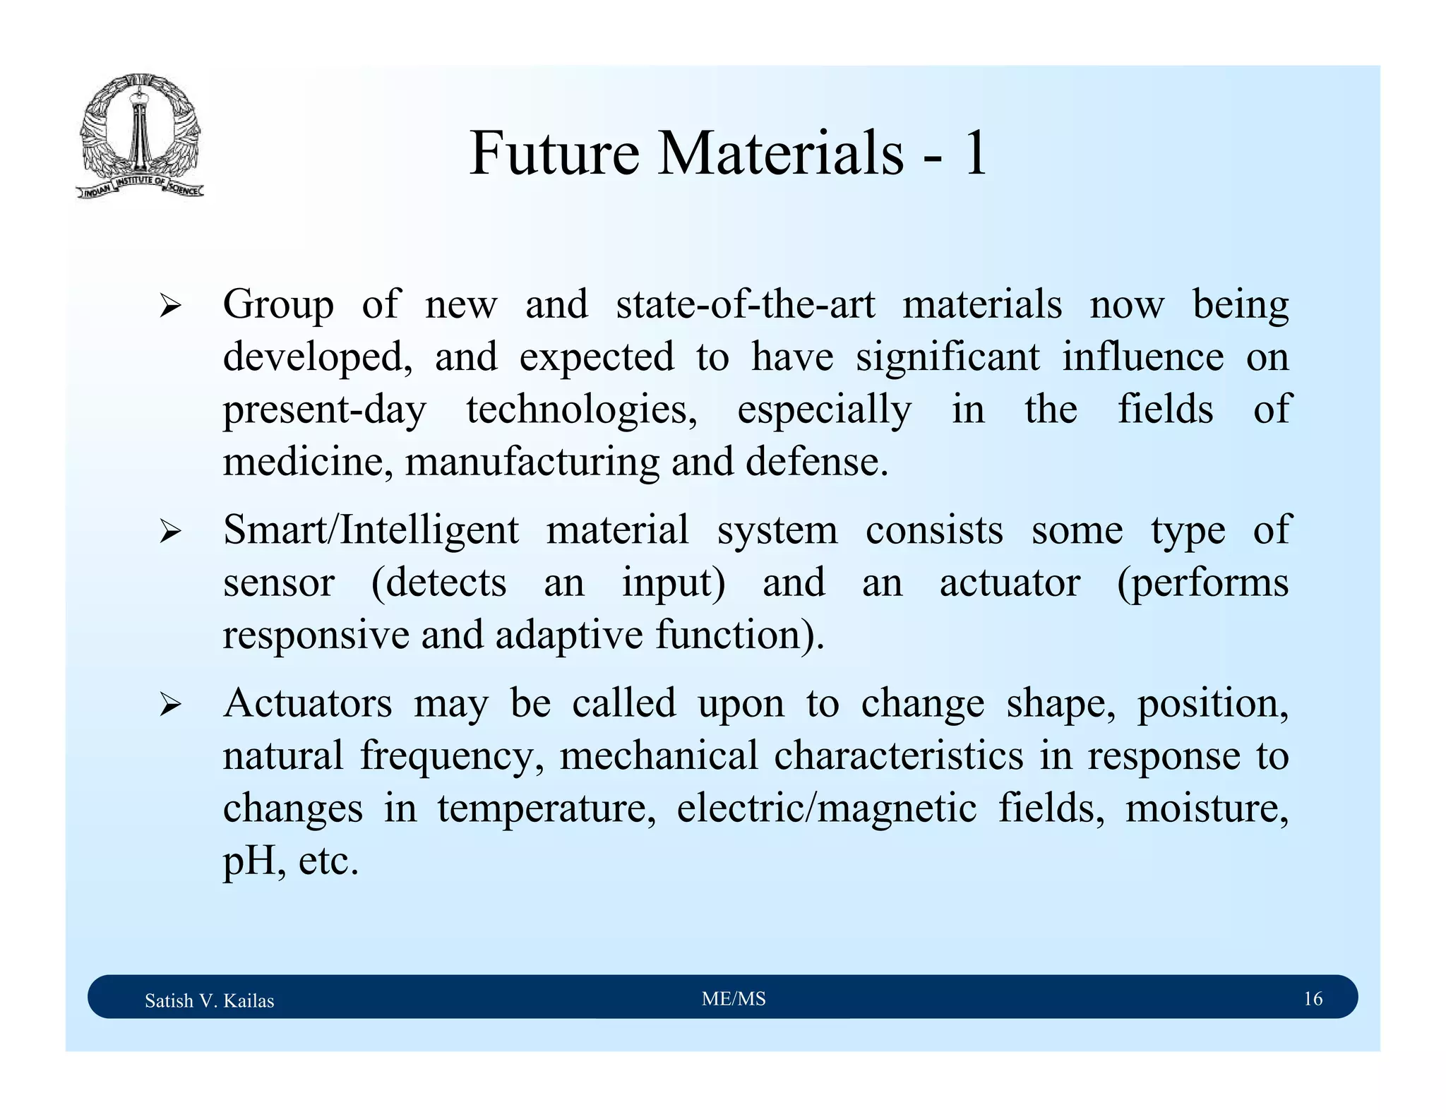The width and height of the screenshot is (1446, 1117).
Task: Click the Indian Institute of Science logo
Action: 140,136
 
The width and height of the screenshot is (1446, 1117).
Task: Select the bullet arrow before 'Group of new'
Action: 170,306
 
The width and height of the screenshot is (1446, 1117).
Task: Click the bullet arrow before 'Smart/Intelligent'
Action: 170,532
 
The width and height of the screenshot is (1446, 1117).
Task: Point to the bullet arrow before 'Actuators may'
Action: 170,705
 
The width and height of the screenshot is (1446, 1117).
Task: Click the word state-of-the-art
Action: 745,305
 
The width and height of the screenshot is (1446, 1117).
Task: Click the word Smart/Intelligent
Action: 371,530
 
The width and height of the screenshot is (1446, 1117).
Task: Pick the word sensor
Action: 278,583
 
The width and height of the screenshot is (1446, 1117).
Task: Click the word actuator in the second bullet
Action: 1010,583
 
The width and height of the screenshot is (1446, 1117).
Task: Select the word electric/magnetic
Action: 826,808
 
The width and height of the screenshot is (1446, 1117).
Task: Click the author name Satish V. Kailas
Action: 209,1000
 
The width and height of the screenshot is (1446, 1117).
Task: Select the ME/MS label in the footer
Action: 734,999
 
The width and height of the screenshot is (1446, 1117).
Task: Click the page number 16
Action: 1313,999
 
